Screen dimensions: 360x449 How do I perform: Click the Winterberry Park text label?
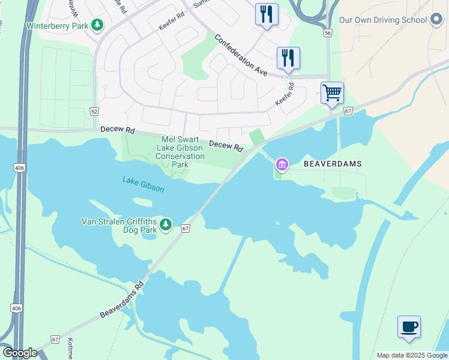click(x=57, y=26)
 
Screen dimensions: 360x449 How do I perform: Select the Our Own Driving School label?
click(x=383, y=20)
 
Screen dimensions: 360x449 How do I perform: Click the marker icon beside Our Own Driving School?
click(x=437, y=20)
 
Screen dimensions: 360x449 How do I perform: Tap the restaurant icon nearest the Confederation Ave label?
click(x=288, y=58)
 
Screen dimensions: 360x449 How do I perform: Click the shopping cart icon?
click(x=332, y=93)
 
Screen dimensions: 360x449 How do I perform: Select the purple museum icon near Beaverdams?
click(x=282, y=164)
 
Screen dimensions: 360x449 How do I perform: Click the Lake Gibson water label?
click(x=143, y=184)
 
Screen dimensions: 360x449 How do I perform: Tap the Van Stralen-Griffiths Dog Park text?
click(x=119, y=226)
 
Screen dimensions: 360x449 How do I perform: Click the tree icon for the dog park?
click(x=166, y=226)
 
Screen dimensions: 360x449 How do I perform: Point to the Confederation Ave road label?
click(x=241, y=54)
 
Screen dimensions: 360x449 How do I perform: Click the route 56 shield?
click(x=327, y=34)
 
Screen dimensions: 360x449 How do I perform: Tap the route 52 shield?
click(x=94, y=112)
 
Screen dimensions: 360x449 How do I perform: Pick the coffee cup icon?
click(x=409, y=327)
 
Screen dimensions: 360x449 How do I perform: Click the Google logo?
click(x=20, y=353)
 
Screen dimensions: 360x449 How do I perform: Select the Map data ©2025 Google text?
click(x=412, y=355)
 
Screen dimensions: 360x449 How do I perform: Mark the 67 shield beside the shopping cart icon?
click(x=348, y=112)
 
